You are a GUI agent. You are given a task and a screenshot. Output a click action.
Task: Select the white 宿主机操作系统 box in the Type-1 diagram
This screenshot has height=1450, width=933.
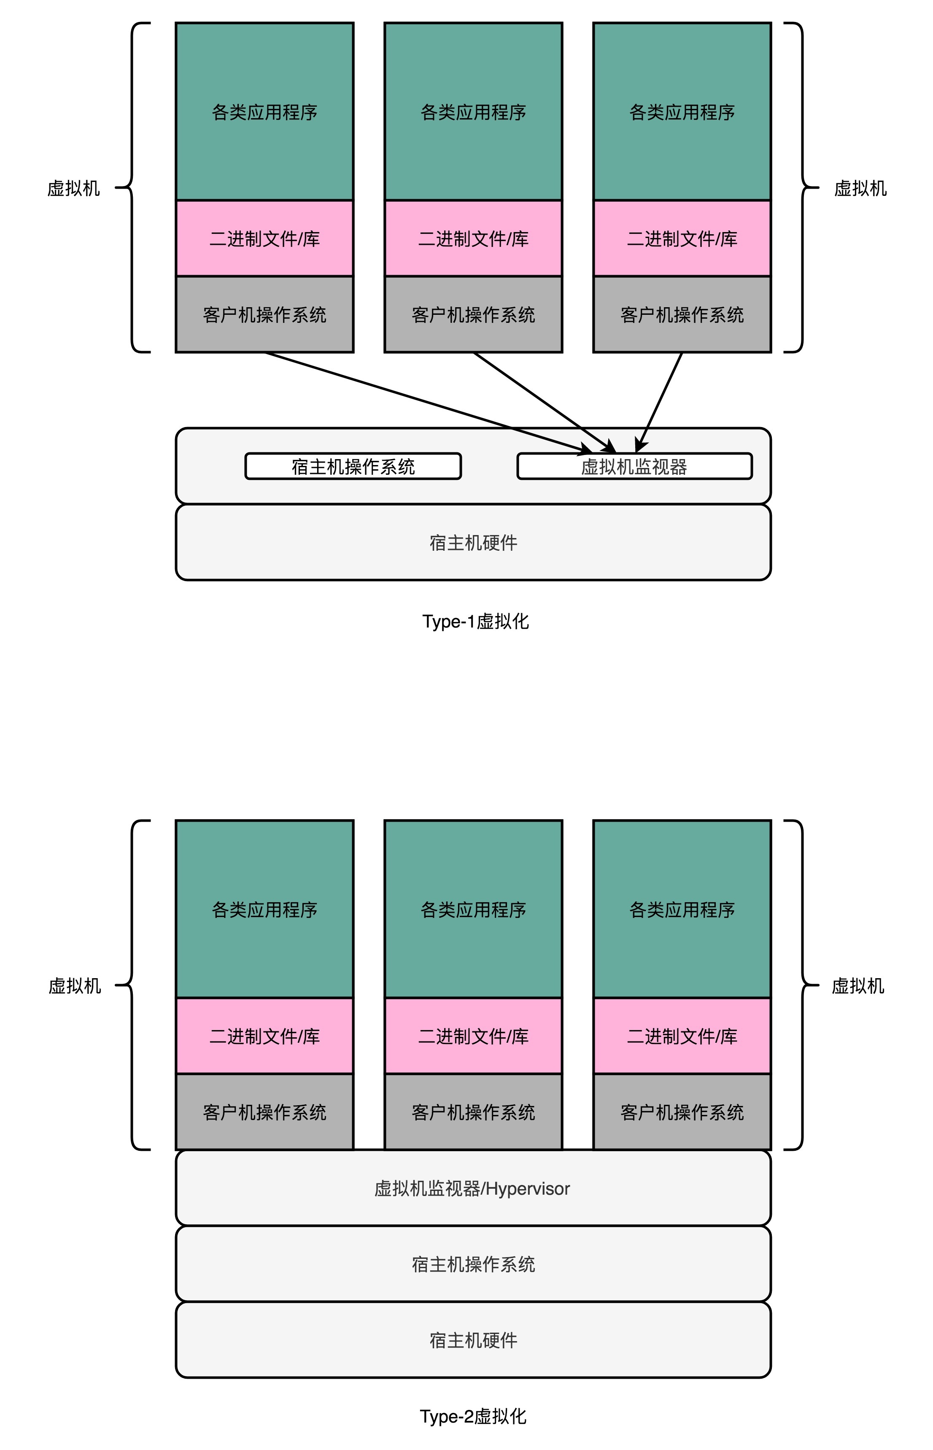pos(353,466)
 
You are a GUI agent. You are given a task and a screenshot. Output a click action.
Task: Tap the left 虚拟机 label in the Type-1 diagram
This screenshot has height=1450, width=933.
pos(73,189)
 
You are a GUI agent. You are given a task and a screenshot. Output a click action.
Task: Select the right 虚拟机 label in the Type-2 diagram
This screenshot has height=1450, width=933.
pos(857,986)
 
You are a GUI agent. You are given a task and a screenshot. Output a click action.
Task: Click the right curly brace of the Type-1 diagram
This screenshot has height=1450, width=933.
pos(801,187)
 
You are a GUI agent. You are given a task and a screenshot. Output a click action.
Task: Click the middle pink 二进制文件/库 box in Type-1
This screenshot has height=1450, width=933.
pos(473,239)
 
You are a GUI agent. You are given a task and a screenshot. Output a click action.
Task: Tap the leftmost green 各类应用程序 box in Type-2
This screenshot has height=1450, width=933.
pos(264,909)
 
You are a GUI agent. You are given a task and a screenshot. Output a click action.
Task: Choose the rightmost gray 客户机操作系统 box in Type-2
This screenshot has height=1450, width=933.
pos(682,1112)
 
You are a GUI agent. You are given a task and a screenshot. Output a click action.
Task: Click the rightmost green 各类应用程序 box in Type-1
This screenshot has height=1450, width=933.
pos(682,112)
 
